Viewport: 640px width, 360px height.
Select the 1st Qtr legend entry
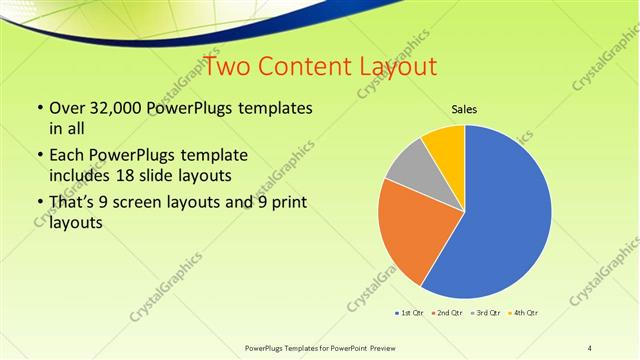pos(409,313)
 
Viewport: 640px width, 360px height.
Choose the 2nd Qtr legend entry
pos(448,313)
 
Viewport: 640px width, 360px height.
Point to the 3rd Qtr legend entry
pos(487,313)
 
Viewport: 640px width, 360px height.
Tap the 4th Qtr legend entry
pos(526,313)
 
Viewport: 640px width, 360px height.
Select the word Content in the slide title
pos(302,67)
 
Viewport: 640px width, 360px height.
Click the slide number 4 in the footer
pos(590,347)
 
